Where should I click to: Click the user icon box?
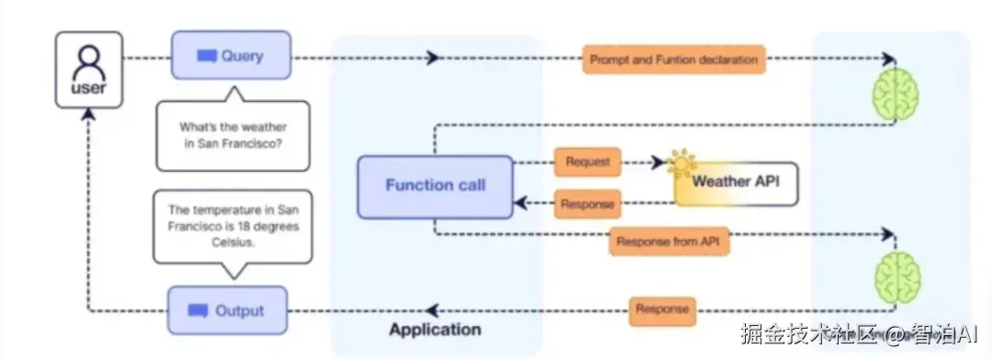tap(88, 70)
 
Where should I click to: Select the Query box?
tap(231, 55)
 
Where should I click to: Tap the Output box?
tap(227, 310)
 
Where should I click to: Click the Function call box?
tap(435, 186)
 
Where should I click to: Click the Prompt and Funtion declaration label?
tap(674, 60)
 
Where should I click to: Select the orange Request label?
tap(587, 162)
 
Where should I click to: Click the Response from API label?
tap(670, 241)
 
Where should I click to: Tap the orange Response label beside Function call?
tap(587, 204)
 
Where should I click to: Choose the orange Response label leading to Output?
tap(661, 310)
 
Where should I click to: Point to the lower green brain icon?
tap(897, 276)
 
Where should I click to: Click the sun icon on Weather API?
tap(682, 164)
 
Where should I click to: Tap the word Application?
tap(434, 330)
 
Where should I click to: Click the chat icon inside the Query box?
tap(207, 56)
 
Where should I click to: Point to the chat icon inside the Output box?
tap(198, 311)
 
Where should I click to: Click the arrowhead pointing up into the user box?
tap(89, 114)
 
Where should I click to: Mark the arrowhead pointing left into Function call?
tap(521, 203)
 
